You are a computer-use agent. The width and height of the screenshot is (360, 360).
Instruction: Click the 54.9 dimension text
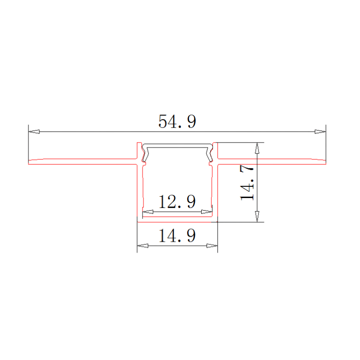pyautogui.click(x=177, y=121)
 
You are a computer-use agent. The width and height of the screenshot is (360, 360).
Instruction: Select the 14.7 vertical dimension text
pyautogui.click(x=248, y=183)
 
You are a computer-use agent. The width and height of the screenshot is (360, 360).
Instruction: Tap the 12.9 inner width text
pyautogui.click(x=177, y=202)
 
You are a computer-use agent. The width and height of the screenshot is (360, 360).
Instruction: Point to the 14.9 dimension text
pyautogui.click(x=177, y=236)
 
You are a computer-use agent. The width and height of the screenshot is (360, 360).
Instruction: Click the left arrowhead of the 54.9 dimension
pyautogui.click(x=34, y=132)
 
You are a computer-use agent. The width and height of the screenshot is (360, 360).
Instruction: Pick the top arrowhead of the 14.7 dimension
pyautogui.click(x=257, y=148)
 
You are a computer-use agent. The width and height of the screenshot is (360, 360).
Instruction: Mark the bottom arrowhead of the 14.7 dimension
pyautogui.click(x=257, y=216)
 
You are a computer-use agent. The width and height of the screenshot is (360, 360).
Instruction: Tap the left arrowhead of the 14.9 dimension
pyautogui.click(x=143, y=246)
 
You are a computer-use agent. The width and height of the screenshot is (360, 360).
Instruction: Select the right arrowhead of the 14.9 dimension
pyautogui.click(x=212, y=246)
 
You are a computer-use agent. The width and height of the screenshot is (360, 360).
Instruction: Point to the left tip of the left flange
pyautogui.click(x=29, y=162)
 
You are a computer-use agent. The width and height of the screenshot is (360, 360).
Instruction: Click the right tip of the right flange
pyautogui.click(x=325, y=162)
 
